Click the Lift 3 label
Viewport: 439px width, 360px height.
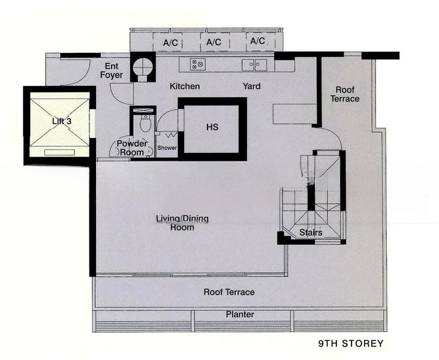click(62, 121)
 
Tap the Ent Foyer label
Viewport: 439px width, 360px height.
click(112, 71)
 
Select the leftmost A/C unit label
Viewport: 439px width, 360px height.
click(170, 43)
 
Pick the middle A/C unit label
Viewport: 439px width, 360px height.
click(214, 42)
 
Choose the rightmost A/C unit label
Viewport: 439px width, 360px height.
click(257, 41)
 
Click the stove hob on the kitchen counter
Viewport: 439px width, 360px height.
click(198, 64)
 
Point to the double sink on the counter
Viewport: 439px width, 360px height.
click(254, 65)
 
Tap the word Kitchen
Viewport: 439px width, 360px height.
click(185, 86)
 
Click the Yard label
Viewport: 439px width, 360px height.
click(251, 86)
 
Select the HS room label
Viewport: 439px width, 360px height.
click(212, 127)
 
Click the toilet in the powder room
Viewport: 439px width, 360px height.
click(145, 123)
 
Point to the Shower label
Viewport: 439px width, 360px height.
click(167, 148)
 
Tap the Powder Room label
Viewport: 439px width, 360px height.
click(131, 148)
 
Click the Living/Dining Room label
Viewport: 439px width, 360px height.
click(182, 223)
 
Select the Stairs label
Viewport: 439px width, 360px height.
click(311, 232)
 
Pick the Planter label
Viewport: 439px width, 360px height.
click(240, 314)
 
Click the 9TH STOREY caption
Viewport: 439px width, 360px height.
click(351, 343)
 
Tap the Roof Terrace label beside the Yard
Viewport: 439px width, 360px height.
click(345, 94)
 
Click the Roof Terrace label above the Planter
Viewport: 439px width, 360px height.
click(229, 292)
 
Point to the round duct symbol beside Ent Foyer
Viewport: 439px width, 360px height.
click(143, 67)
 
